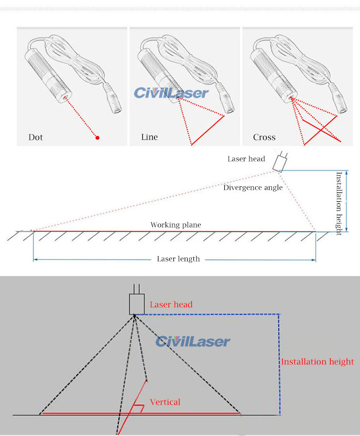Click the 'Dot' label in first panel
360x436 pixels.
click(35, 137)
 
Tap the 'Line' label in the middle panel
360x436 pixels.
click(149, 137)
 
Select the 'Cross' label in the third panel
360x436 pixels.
click(264, 137)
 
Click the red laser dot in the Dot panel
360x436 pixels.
click(97, 137)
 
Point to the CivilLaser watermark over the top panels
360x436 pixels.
click(171, 93)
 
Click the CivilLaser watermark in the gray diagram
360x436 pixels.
click(193, 341)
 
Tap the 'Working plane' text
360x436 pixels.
click(175, 225)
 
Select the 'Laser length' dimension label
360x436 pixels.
click(178, 259)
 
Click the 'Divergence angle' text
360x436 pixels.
click(253, 188)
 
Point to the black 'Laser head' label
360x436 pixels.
click(246, 159)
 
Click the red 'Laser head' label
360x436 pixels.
click(171, 305)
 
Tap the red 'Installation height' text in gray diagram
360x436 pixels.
click(317, 362)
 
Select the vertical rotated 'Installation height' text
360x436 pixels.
click(338, 203)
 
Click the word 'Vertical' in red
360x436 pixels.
click(165, 402)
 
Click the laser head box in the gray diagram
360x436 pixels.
click(136, 304)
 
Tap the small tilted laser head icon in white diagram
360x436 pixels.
click(280, 161)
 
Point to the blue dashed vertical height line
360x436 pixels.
click(279, 365)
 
